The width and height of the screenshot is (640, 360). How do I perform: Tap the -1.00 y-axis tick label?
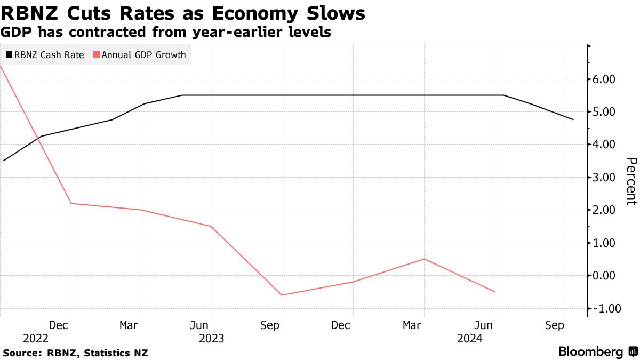tap(603, 309)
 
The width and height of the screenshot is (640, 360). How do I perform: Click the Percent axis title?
tap(631, 181)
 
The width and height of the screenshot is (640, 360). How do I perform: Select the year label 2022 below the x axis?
tap(36, 339)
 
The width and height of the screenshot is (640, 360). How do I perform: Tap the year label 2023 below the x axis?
tap(211, 339)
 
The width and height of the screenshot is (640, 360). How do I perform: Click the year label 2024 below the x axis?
tap(469, 339)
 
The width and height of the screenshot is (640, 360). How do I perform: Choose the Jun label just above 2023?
tap(199, 325)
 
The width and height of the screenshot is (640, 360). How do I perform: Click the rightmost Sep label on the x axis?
tap(555, 325)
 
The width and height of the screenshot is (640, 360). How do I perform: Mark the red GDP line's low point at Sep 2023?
tap(281, 295)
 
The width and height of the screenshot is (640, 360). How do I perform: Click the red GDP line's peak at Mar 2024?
tap(424, 259)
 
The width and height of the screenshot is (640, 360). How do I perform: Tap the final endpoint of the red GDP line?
tap(495, 292)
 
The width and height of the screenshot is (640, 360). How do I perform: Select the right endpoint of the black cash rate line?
tap(573, 119)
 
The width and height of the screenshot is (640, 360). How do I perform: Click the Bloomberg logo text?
tap(590, 352)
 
